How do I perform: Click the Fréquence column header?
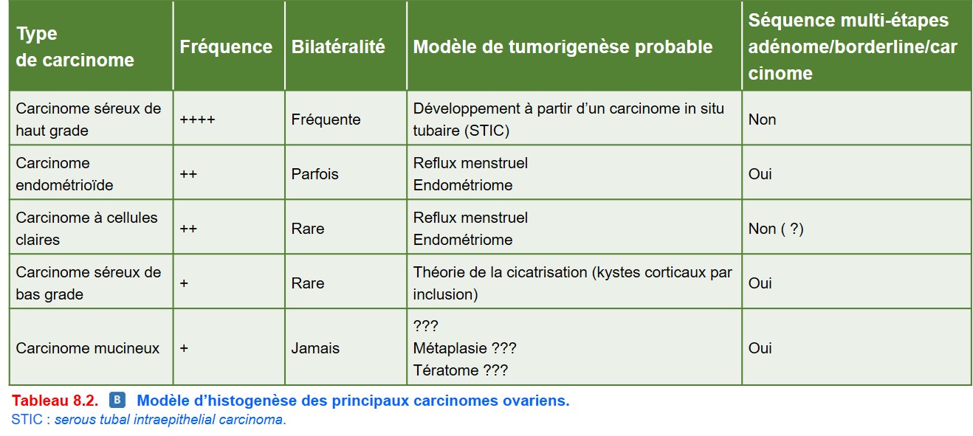point(226,47)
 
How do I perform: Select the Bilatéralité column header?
point(338,47)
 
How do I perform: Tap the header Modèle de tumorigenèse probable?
point(563,47)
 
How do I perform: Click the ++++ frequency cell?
point(197,120)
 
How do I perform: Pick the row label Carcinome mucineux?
point(87,348)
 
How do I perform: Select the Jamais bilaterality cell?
point(315,348)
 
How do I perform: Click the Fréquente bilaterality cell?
point(326,120)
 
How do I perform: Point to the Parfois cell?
point(314,174)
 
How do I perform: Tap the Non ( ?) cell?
point(776,229)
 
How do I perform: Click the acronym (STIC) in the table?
point(486,131)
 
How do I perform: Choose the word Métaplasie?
point(450,348)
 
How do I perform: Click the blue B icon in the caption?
point(117,400)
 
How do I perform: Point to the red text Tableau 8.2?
point(55,401)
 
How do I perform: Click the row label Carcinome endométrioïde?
point(64,174)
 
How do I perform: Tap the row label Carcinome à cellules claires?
point(86,229)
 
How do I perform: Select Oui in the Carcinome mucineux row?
point(760,348)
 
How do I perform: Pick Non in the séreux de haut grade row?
point(762,120)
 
